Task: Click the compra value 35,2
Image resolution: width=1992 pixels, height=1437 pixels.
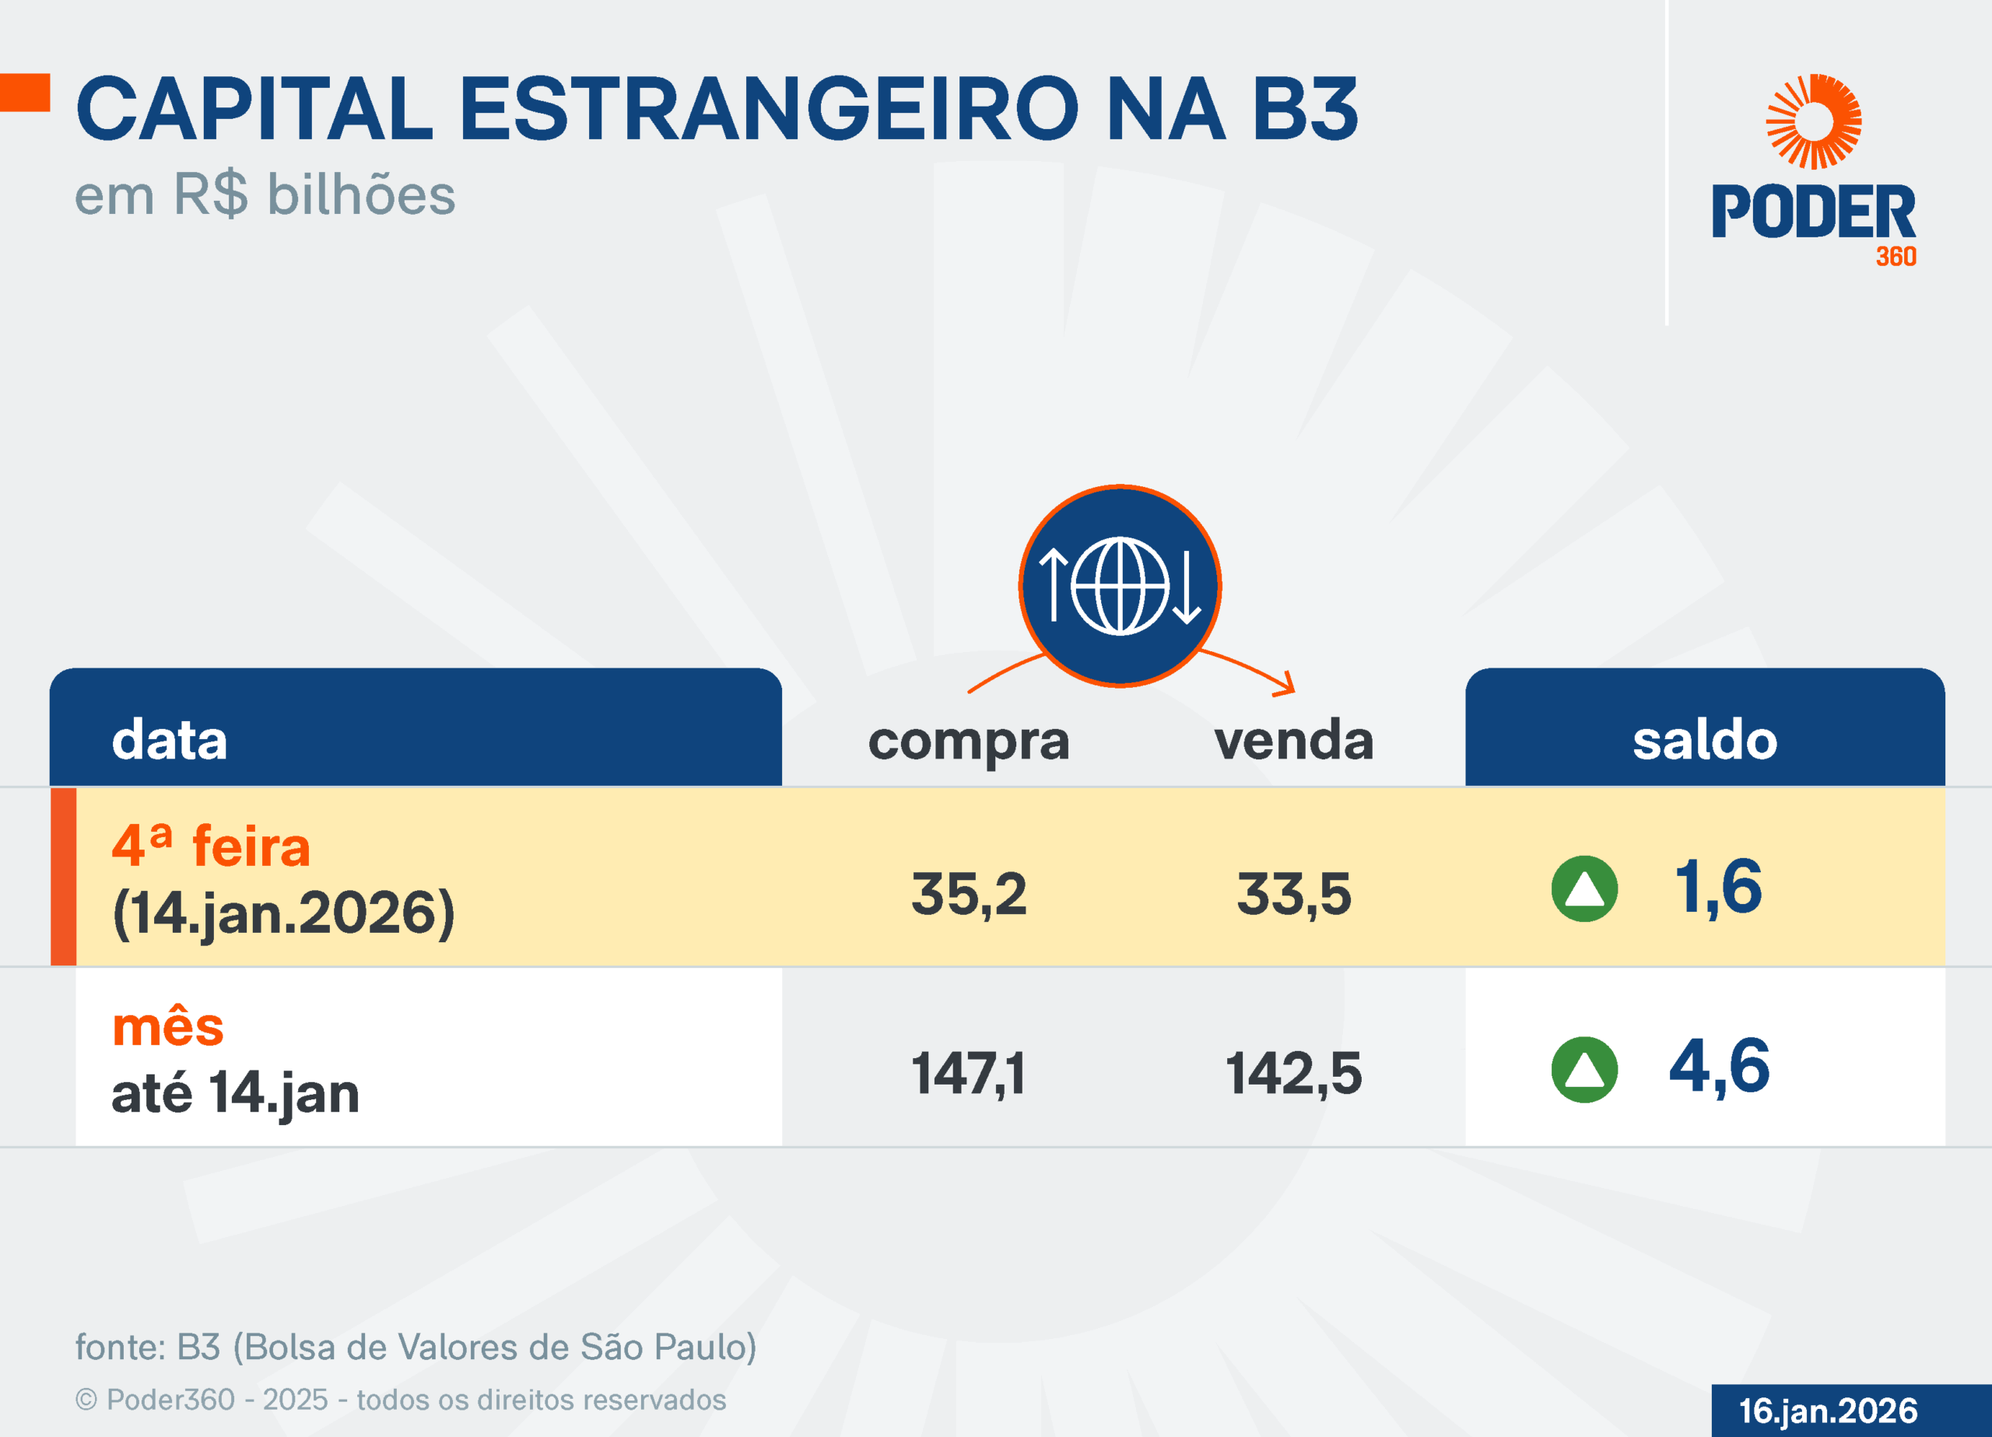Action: (969, 894)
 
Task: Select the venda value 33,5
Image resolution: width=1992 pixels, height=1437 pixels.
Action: (1294, 894)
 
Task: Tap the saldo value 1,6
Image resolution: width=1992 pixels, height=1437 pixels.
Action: (1718, 887)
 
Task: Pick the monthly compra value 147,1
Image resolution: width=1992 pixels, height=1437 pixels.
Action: (968, 1074)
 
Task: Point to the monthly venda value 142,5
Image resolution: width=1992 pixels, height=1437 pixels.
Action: (1294, 1074)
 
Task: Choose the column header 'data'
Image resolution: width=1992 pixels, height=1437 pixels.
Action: (170, 740)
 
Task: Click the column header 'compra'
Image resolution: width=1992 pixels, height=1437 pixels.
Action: (969, 741)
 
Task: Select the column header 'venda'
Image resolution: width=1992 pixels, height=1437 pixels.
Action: (1294, 740)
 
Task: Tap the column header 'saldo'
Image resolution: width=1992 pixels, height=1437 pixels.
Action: (1705, 740)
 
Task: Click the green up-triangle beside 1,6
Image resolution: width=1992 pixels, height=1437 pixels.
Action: (1584, 889)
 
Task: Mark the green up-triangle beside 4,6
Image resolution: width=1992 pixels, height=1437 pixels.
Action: (1584, 1069)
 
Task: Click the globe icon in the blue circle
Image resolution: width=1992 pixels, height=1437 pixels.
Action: (1120, 585)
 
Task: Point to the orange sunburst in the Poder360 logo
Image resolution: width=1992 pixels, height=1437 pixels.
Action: (1814, 121)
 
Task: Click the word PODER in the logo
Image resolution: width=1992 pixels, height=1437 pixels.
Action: (1813, 212)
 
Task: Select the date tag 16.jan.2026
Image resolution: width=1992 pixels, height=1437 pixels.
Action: (1828, 1411)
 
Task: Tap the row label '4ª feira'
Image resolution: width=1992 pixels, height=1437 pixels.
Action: (211, 846)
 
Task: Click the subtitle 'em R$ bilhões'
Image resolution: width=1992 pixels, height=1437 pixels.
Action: (265, 195)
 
